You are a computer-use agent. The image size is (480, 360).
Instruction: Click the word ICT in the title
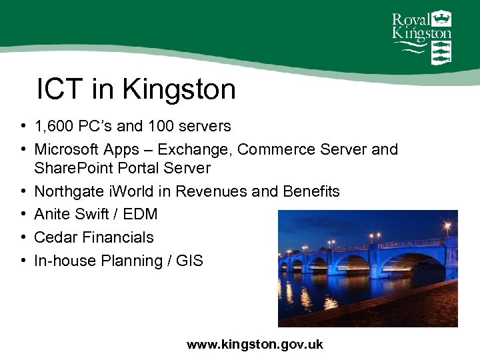pyautogui.click(x=57, y=89)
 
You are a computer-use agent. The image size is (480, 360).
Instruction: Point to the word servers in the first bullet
pyautogui.click(x=206, y=126)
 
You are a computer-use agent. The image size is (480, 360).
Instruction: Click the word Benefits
pyautogui.click(x=311, y=192)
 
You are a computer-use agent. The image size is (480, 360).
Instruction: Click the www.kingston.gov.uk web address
pyautogui.click(x=255, y=344)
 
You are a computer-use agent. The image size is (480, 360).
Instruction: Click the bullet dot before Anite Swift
pyautogui.click(x=23, y=215)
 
